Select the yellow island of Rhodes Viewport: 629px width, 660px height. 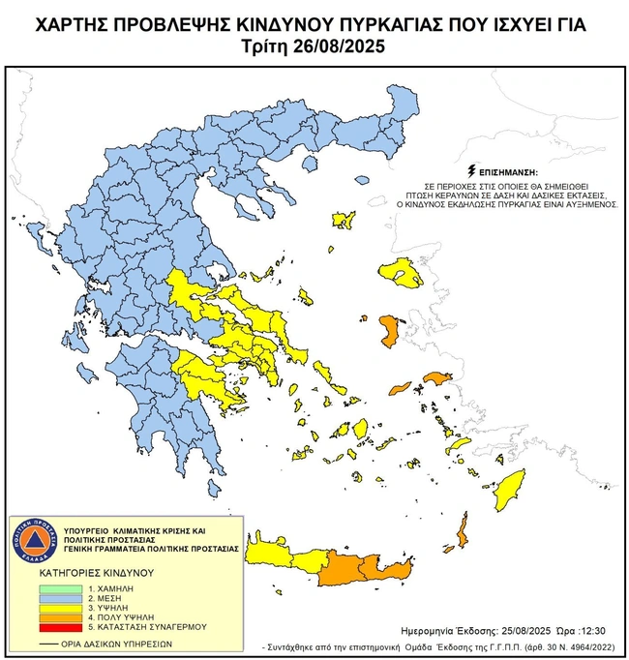pos(508,493)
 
